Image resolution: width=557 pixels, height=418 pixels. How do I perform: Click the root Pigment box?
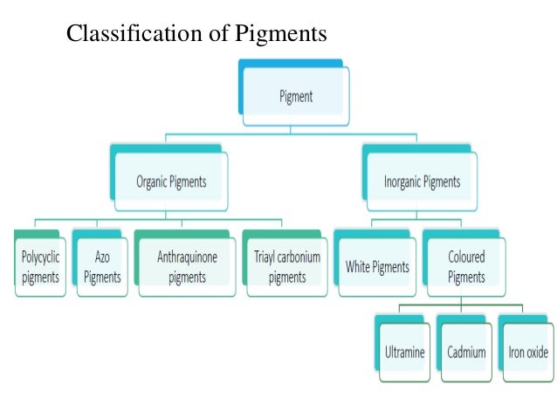click(x=295, y=96)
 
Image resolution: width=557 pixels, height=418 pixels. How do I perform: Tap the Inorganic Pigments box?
click(x=422, y=182)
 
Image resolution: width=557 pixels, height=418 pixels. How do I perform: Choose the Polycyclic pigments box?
click(x=40, y=267)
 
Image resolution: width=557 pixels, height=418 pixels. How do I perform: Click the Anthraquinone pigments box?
click(x=187, y=267)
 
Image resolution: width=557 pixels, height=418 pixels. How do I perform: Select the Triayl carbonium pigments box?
click(x=287, y=267)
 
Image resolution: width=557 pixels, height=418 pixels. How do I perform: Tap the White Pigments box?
click(x=377, y=266)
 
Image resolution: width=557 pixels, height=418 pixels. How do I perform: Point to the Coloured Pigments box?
click(x=466, y=267)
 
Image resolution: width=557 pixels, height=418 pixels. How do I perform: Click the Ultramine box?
click(x=405, y=353)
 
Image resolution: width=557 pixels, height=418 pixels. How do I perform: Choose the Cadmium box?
click(x=467, y=353)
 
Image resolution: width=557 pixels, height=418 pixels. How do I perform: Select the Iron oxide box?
click(x=528, y=353)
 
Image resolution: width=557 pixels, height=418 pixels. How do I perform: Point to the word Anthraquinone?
click(x=187, y=257)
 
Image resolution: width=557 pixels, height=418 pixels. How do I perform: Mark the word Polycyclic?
click(x=40, y=257)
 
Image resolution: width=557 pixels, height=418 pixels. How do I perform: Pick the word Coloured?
click(x=466, y=257)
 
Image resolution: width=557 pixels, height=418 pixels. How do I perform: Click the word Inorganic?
click(x=402, y=182)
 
